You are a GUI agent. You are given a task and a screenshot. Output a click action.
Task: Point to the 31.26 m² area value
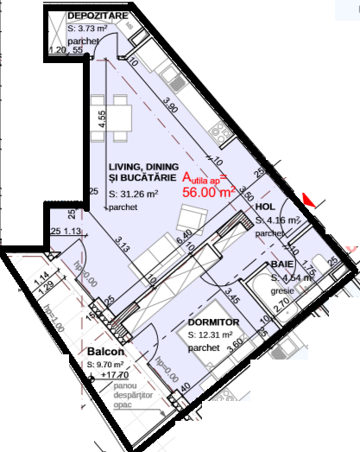click(141, 194)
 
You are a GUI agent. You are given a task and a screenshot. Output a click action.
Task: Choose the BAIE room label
click(281, 264)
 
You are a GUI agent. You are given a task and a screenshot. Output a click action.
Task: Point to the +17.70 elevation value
click(114, 376)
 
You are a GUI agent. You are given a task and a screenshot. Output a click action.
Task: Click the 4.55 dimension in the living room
click(102, 119)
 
